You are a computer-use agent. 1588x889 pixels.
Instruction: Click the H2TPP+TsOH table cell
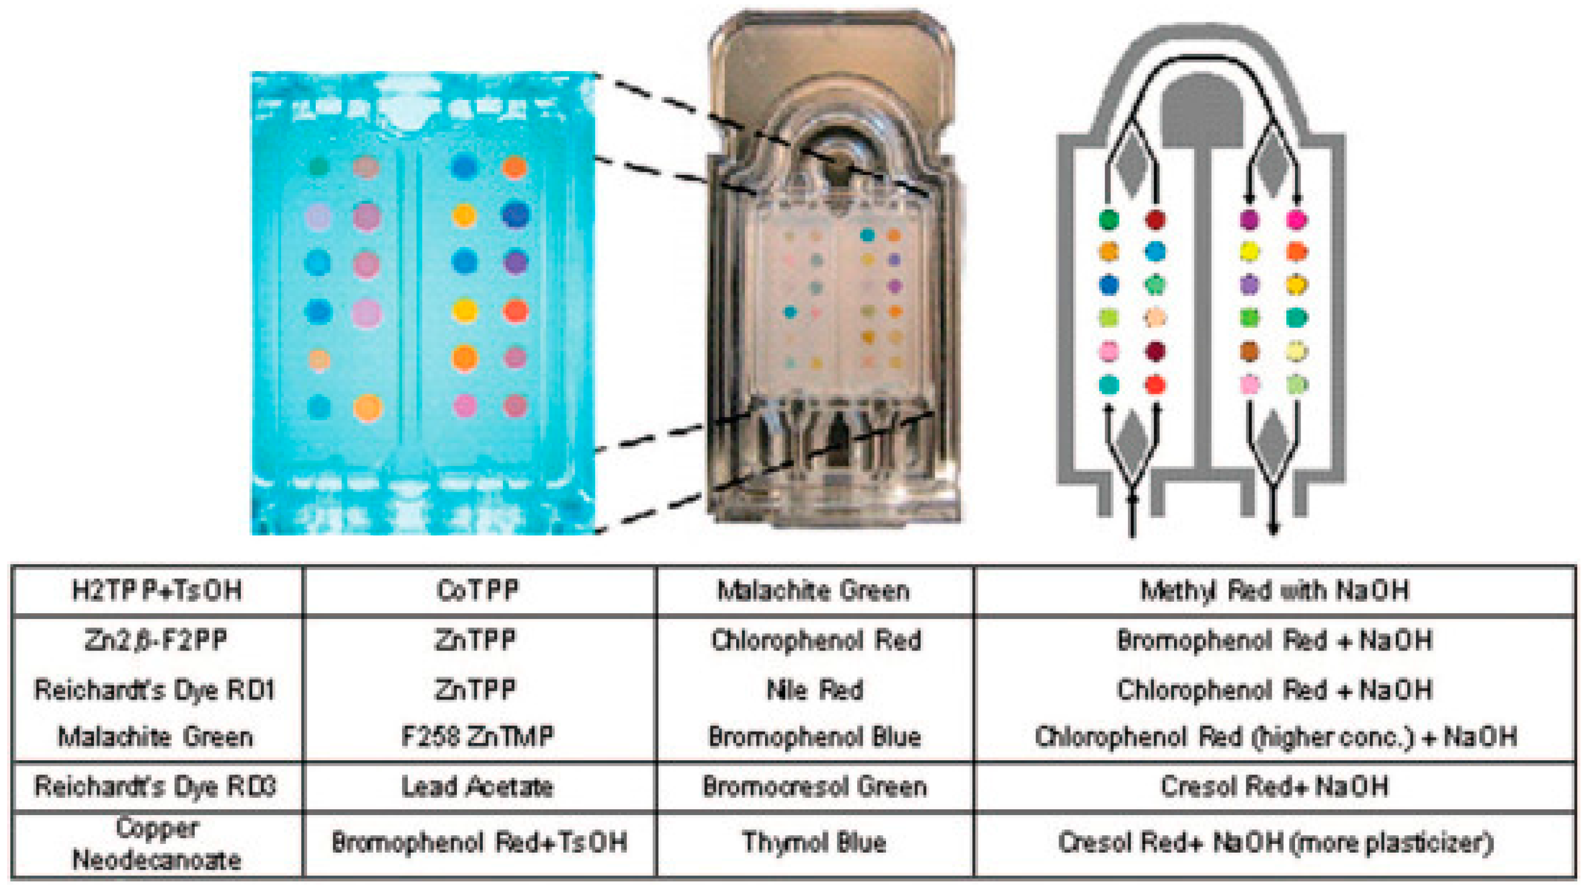157,591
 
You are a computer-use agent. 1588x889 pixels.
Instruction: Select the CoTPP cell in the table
478,591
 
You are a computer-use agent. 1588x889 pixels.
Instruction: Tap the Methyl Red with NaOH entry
1275,591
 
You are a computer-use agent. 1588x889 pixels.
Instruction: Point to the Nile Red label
814,689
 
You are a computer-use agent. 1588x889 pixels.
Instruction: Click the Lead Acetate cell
478,786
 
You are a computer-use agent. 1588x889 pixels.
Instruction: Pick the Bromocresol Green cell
814,786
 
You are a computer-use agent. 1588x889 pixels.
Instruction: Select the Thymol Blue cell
814,842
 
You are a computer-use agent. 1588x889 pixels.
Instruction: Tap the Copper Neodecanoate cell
157,843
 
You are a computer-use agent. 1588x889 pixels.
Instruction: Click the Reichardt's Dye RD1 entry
155,689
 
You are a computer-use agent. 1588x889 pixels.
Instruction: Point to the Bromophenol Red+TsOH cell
479,842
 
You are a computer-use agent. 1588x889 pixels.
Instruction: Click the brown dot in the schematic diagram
1249,352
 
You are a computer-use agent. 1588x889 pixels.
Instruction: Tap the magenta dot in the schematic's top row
1297,219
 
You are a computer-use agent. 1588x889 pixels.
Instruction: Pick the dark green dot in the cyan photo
318,166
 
